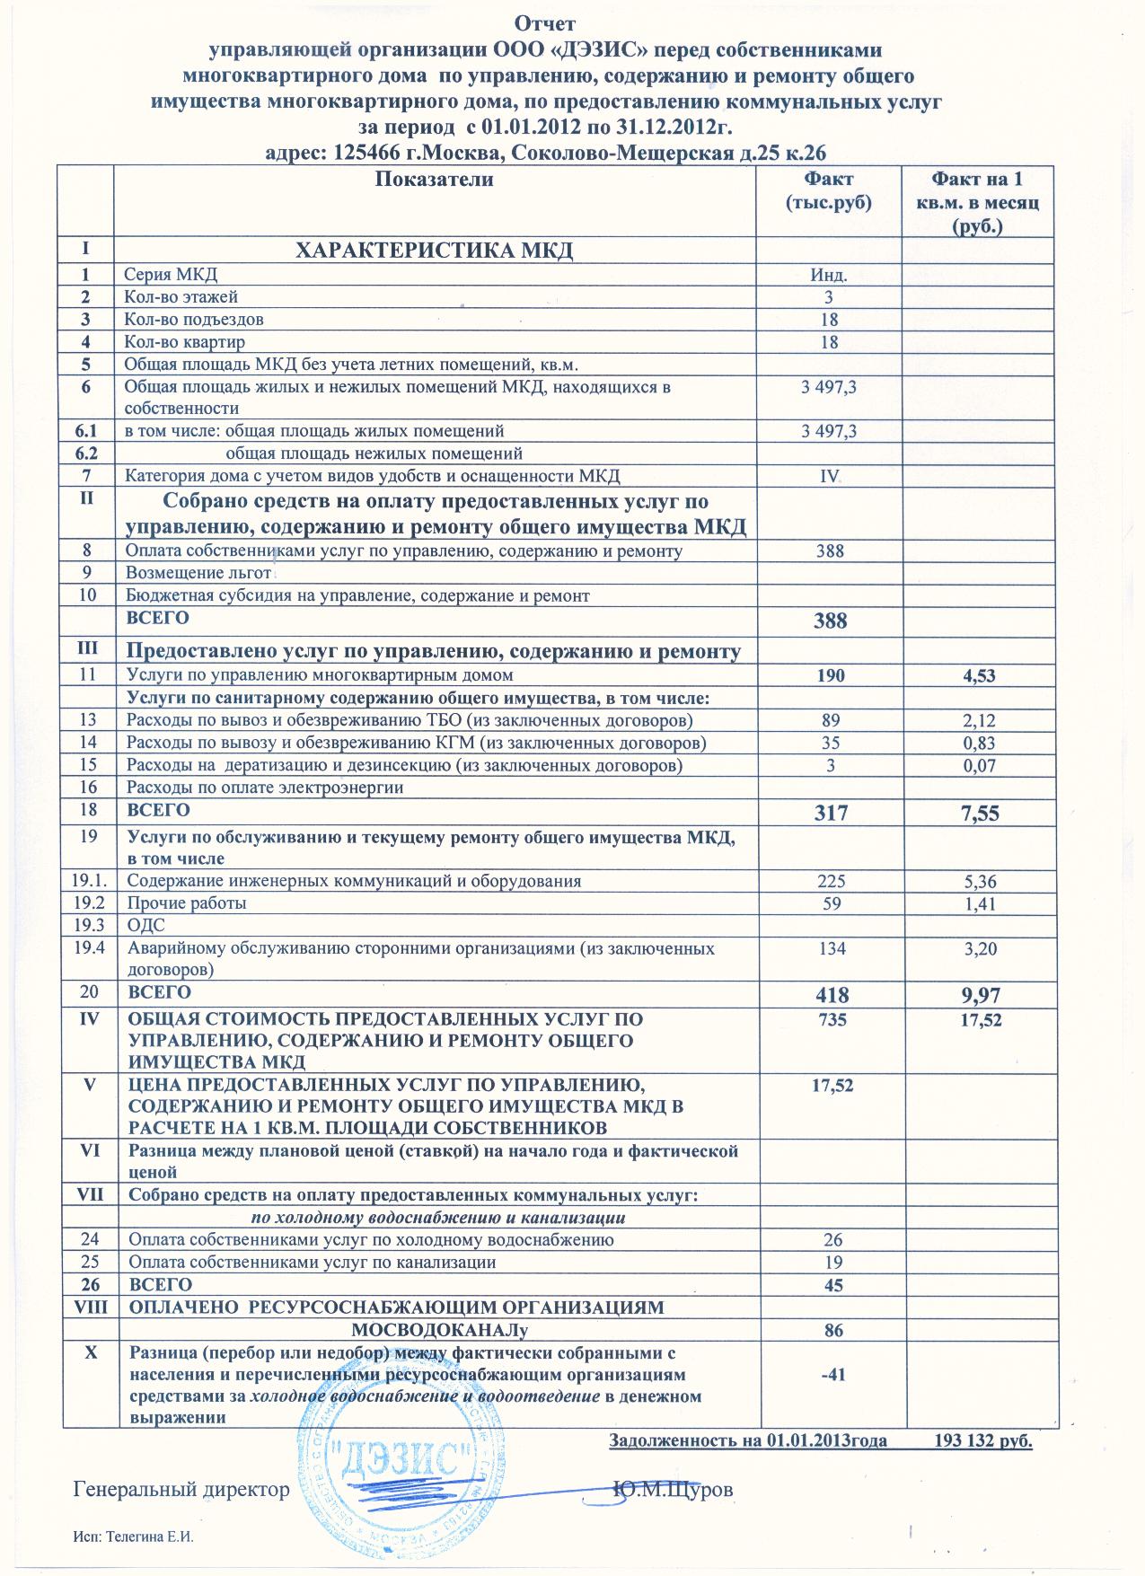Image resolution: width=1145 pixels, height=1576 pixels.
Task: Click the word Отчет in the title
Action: tap(545, 21)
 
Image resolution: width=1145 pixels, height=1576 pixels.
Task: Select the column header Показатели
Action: tap(435, 179)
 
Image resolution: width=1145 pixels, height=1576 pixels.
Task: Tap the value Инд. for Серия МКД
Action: tap(829, 275)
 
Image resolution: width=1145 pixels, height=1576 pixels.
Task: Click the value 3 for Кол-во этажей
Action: tap(829, 297)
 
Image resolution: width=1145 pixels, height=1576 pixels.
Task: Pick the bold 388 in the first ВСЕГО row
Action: tap(830, 621)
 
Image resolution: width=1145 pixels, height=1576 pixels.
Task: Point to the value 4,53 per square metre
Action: tap(979, 675)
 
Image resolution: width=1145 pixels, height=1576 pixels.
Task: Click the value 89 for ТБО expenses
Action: tap(831, 720)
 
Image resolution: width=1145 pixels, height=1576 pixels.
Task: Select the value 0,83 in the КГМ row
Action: tap(979, 743)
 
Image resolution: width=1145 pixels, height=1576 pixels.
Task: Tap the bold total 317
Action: tap(831, 814)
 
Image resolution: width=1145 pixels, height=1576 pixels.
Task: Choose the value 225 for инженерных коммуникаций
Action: tap(831, 881)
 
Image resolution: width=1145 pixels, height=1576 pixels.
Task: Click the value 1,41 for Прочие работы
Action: tap(979, 903)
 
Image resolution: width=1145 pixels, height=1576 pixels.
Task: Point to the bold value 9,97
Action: tap(981, 994)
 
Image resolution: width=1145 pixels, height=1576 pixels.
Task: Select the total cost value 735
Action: tap(831, 1020)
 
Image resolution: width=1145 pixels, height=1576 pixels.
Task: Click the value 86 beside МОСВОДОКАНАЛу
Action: tap(833, 1330)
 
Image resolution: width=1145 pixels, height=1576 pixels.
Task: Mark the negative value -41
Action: tap(832, 1374)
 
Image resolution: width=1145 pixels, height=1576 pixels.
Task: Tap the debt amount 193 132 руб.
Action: tap(983, 1441)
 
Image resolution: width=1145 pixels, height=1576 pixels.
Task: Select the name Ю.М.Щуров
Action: tap(673, 1490)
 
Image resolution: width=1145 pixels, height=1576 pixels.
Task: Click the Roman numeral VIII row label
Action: tap(90, 1307)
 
